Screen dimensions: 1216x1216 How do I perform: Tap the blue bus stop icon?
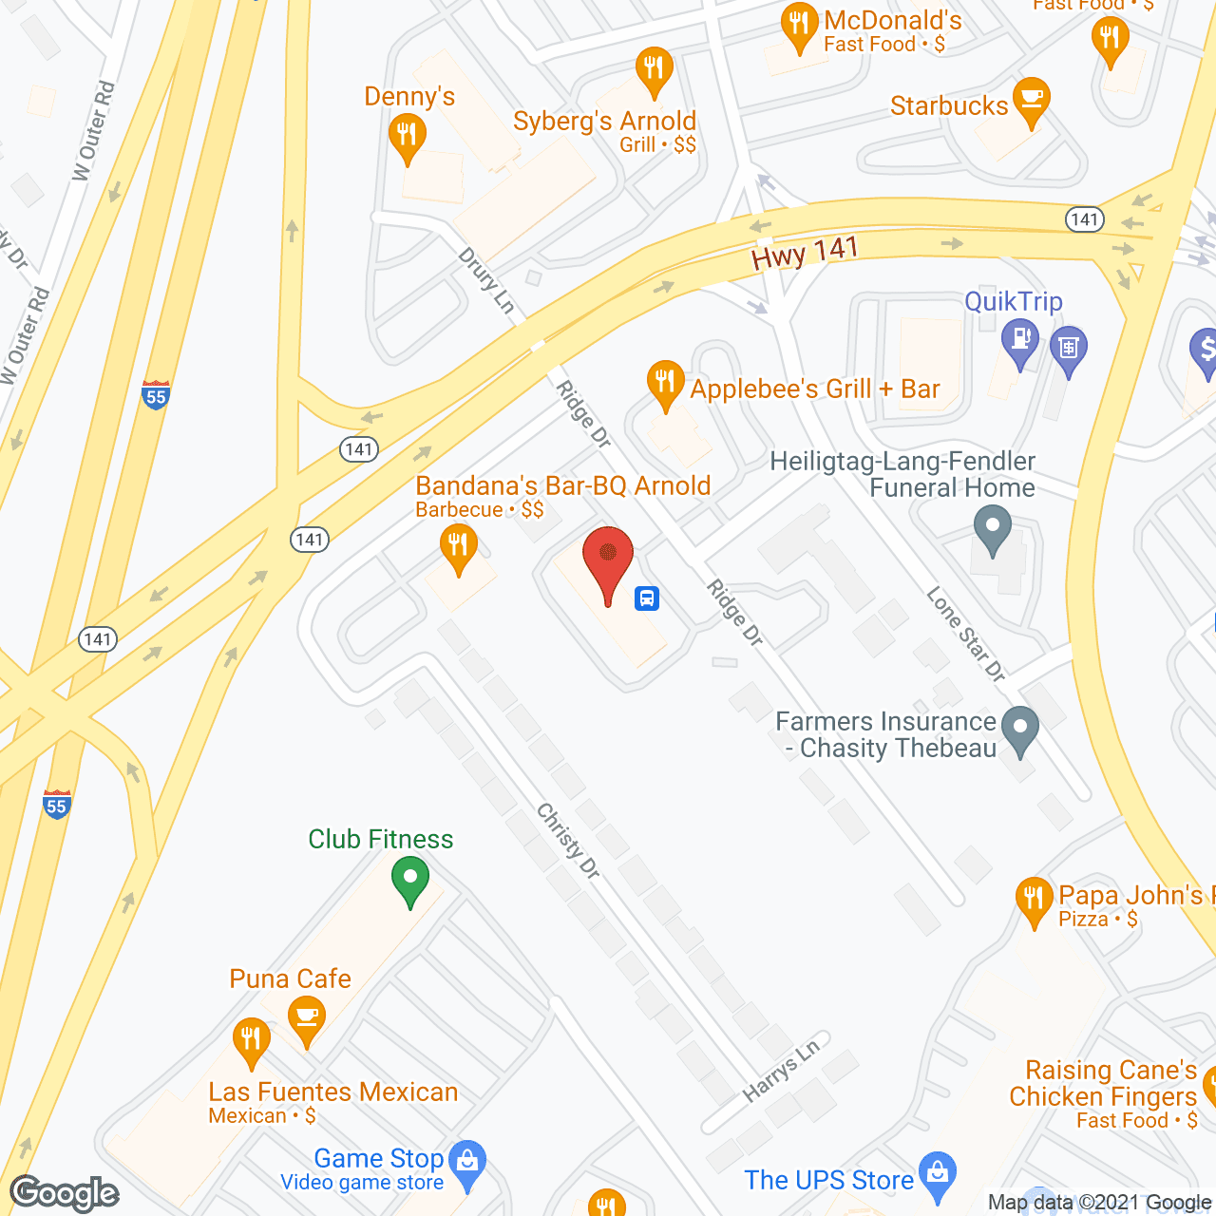point(647,598)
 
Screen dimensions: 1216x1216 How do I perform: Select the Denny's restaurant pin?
point(407,136)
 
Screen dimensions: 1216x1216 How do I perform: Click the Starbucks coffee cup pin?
point(1032,101)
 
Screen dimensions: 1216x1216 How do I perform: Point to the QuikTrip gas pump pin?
point(1020,342)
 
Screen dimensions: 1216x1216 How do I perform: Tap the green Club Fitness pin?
point(410,879)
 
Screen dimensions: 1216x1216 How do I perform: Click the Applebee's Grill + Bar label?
point(814,389)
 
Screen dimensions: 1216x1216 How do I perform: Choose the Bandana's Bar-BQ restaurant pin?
point(459,549)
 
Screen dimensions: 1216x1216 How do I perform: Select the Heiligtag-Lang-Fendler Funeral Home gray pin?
point(993,527)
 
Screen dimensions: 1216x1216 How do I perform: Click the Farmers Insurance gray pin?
point(1020,731)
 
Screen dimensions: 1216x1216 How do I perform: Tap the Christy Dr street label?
point(568,841)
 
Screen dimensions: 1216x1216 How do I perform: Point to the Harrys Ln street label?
point(780,1071)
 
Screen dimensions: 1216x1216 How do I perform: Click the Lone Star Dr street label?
point(965,634)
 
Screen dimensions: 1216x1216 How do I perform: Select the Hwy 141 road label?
point(805,253)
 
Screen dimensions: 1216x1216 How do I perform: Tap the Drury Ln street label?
point(486,280)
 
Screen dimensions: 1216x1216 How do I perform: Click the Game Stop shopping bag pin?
point(467,1165)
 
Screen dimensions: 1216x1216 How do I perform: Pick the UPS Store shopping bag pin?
point(938,1174)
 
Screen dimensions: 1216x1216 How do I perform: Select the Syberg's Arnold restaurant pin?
point(654,70)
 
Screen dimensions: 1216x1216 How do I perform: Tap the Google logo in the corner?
point(65,1193)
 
